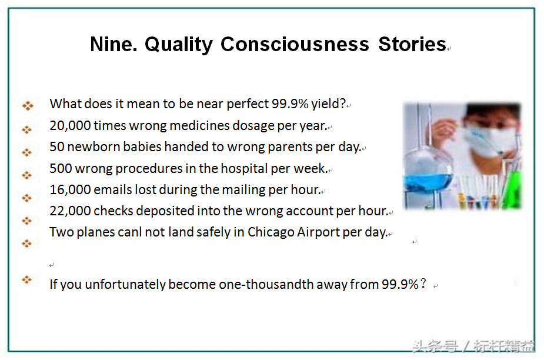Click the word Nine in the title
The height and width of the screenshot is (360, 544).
click(x=114, y=44)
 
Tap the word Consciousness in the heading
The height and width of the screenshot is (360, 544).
click(x=295, y=44)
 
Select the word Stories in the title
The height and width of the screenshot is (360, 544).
click(x=412, y=44)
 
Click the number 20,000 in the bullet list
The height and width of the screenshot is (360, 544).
click(x=70, y=126)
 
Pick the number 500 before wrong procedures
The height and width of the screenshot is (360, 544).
click(x=61, y=168)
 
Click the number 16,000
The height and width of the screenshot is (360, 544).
click(x=70, y=189)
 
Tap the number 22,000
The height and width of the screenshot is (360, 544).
click(x=70, y=211)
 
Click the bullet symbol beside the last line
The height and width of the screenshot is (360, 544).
click(x=27, y=279)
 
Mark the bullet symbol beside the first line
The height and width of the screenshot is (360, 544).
click(x=28, y=105)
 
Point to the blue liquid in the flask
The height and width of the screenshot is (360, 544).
click(x=428, y=182)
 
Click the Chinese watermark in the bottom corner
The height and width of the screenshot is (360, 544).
click(x=473, y=346)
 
